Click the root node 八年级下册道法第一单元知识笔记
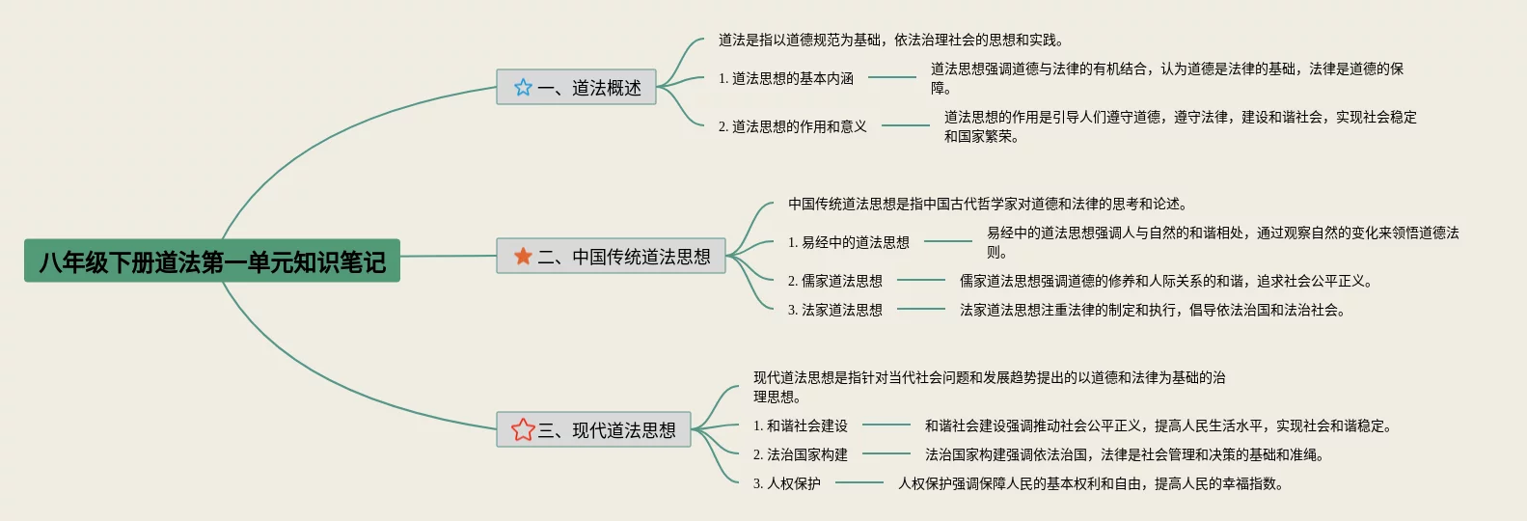[x=212, y=260]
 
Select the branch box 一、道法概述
[x=576, y=87]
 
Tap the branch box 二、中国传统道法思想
[x=611, y=256]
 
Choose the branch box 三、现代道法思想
[x=593, y=429]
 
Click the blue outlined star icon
[x=523, y=87]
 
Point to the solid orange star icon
[x=523, y=256]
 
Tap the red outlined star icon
[x=523, y=429]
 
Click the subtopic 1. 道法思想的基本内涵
[x=785, y=78]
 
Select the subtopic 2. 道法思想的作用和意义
[x=792, y=126]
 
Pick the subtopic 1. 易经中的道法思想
[x=848, y=242]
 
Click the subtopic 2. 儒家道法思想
[x=834, y=281]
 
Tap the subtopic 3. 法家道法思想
[x=834, y=310]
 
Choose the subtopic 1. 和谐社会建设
[x=800, y=425]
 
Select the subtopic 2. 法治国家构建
[x=800, y=454]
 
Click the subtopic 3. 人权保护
[x=786, y=483]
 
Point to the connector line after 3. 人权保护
[x=859, y=482]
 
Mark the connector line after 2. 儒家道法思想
[x=920, y=280]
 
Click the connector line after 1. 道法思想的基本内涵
[x=891, y=77]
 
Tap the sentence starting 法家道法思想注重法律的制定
[x=1152, y=310]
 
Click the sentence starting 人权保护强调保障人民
[x=1090, y=483]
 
